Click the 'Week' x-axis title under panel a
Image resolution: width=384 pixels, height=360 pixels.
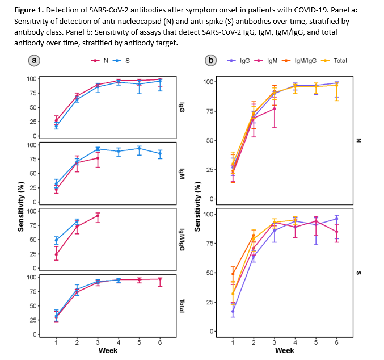[x=108, y=350]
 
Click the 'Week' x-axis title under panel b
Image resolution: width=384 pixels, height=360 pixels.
[x=284, y=350]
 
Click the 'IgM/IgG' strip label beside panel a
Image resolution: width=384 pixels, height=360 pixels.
[x=182, y=238]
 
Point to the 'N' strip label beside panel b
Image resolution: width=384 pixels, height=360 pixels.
[x=359, y=140]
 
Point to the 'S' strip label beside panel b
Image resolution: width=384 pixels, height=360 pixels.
[x=359, y=273]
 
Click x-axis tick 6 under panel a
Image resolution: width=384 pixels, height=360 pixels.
[x=160, y=342]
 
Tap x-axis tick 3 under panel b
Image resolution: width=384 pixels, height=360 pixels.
[x=275, y=342]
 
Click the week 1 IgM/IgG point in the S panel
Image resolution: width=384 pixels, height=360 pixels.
[x=233, y=274]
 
